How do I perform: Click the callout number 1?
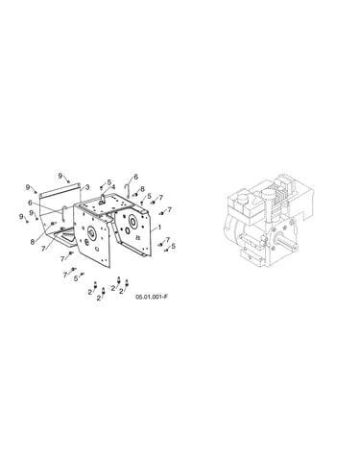[159, 228]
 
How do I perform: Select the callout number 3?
[87, 187]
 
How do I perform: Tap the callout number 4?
[113, 187]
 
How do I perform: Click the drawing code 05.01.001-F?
[152, 297]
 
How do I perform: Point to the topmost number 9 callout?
[60, 176]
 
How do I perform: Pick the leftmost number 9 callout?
[21, 216]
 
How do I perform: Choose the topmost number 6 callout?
[136, 177]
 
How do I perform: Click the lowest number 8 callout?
[33, 242]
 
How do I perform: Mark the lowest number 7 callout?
[65, 275]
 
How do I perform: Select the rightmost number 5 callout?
[174, 246]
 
